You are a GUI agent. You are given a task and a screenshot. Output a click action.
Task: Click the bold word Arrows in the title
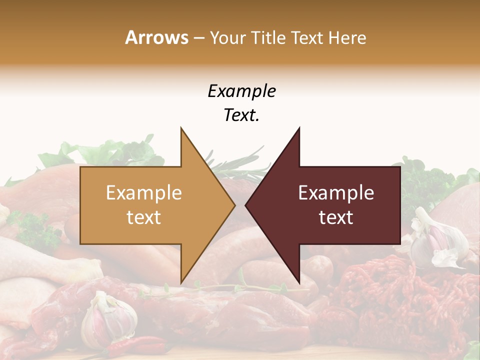pyautogui.click(x=156, y=37)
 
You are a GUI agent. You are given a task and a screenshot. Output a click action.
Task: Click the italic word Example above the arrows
pyautogui.click(x=241, y=91)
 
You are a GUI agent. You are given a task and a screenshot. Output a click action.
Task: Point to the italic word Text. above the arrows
pyautogui.click(x=241, y=115)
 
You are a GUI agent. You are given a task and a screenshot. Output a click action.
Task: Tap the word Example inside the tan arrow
pyautogui.click(x=143, y=192)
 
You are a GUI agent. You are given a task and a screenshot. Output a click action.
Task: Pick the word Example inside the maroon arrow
pyautogui.click(x=336, y=192)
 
